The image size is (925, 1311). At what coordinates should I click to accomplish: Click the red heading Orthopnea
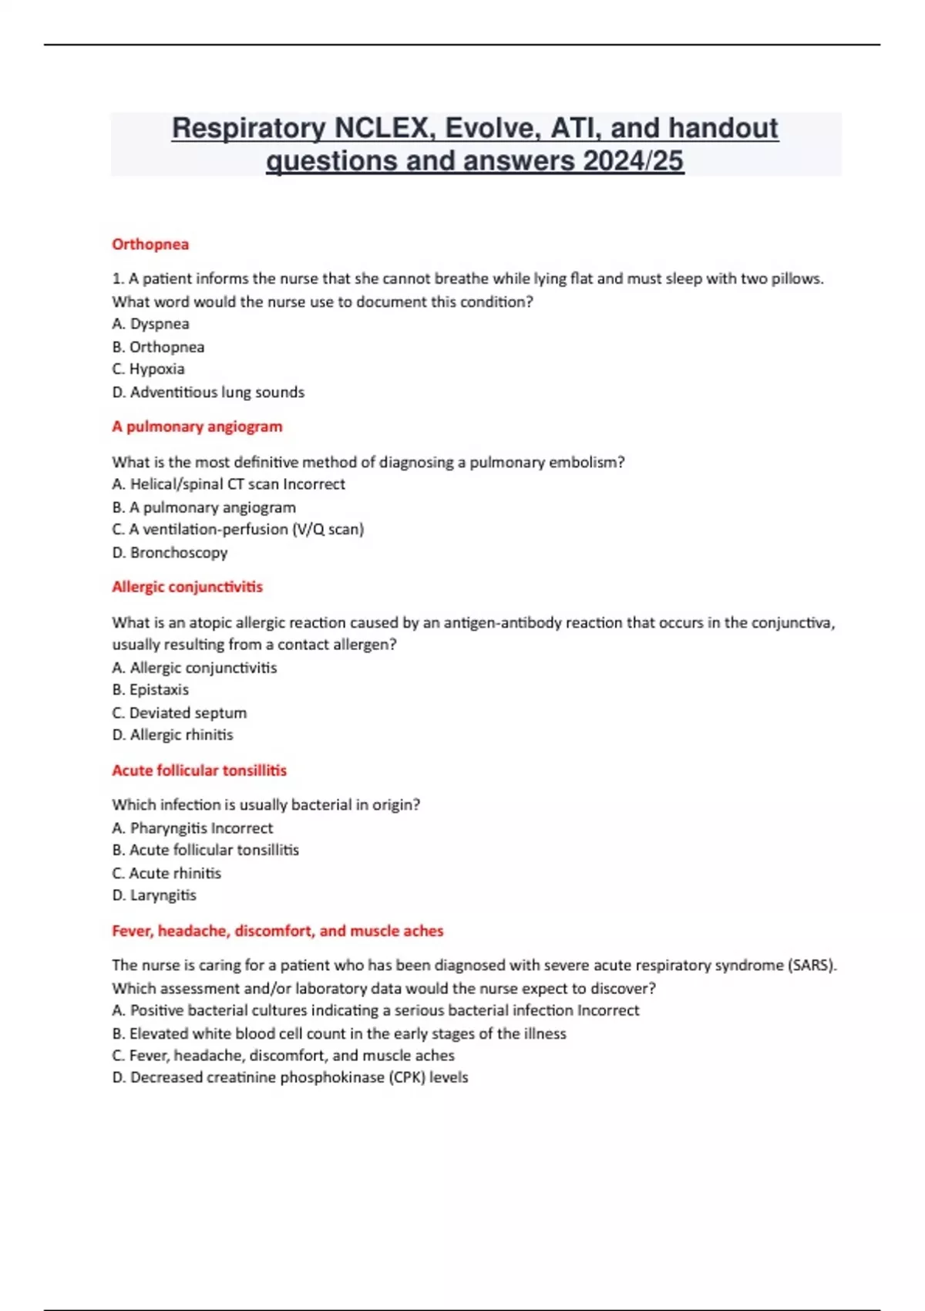coord(150,244)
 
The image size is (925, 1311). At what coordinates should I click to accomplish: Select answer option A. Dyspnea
coord(151,324)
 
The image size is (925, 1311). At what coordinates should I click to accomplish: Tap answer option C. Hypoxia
coord(149,369)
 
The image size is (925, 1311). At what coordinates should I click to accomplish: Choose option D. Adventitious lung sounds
coord(208,393)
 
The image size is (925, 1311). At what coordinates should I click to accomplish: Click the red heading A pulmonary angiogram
coord(197,426)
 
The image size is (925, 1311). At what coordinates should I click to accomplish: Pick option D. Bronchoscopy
coord(170,553)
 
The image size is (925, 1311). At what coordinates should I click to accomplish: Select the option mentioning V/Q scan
coord(238,530)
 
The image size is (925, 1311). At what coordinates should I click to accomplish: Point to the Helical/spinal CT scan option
coord(229,484)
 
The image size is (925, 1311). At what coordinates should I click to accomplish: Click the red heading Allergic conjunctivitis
coord(187,587)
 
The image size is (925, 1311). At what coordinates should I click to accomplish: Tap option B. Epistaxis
coord(150,690)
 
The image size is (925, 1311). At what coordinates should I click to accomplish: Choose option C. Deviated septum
coord(180,713)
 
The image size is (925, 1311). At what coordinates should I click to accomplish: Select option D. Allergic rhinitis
coord(173,735)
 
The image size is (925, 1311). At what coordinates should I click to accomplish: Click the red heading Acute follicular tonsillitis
coord(199,770)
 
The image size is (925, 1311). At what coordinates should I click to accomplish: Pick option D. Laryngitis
coord(154,895)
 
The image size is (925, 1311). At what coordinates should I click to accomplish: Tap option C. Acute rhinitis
coord(166,874)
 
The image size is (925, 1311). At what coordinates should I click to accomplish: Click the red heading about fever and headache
coord(277,931)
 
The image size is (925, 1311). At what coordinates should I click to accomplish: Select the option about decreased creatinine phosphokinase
coord(290,1077)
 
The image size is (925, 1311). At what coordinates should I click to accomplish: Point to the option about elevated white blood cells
coord(339,1033)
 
